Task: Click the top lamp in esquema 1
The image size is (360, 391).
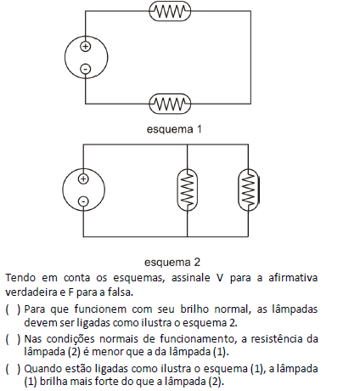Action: coord(170,11)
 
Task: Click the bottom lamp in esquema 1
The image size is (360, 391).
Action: coord(170,104)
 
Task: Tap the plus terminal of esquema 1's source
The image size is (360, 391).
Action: coord(86,46)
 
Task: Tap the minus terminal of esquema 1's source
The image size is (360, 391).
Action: coord(86,69)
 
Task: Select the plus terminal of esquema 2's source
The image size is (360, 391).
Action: coord(83,179)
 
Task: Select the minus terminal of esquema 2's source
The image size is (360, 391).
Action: coord(83,201)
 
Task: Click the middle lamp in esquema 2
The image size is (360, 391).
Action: coord(187,190)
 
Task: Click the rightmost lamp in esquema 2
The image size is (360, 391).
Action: coord(248,190)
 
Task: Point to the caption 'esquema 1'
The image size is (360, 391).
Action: coord(174,129)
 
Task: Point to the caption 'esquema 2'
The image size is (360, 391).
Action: coord(172,262)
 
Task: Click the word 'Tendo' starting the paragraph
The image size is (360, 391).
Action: coord(20,278)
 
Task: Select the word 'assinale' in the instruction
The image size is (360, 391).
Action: coord(191,278)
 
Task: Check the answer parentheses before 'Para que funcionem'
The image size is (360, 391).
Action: coord(13,309)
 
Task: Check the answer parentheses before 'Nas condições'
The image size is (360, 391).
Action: coord(13,339)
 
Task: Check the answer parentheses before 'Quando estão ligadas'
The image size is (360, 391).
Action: coord(13,369)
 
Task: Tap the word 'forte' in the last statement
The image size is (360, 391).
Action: coord(107,382)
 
